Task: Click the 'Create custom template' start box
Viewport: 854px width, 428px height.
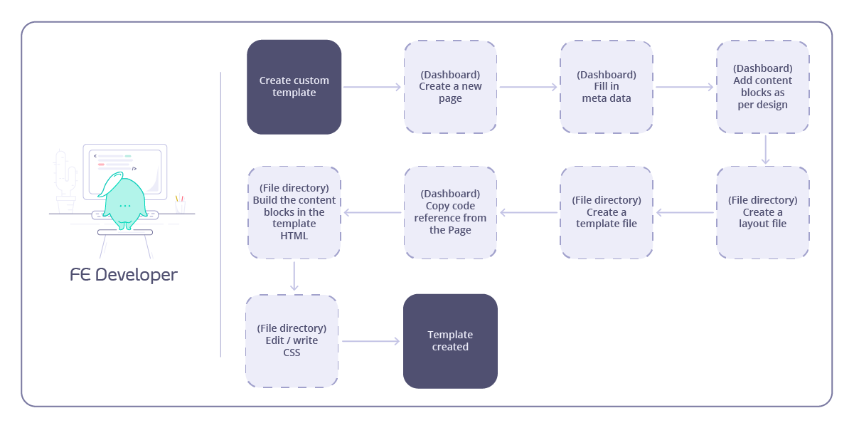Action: [294, 87]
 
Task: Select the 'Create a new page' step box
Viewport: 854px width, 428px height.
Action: [450, 87]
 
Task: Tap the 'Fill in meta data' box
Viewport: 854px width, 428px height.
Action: [607, 87]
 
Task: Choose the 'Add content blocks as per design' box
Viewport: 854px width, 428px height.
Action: [763, 87]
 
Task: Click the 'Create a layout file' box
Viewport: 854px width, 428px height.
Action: [763, 212]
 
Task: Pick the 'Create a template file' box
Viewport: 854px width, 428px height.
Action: [607, 212]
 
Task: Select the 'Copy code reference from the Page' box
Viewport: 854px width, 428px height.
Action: [450, 212]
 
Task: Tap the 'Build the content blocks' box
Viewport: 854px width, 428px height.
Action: [294, 212]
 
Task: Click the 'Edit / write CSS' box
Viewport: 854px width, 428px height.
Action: [292, 340]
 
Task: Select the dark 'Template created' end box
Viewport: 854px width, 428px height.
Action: [450, 340]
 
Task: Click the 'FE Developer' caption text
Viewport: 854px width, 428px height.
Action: [124, 275]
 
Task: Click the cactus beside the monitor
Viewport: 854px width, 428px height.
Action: [65, 178]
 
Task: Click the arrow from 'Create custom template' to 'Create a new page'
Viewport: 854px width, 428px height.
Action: [373, 87]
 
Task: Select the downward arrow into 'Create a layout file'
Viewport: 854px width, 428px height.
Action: [765, 150]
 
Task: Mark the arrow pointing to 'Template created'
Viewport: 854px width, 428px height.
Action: [370, 341]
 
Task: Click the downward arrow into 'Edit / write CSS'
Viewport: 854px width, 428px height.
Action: [294, 276]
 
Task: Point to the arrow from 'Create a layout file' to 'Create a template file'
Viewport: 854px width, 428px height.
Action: [685, 212]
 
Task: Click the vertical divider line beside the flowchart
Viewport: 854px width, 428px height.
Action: [220, 214]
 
